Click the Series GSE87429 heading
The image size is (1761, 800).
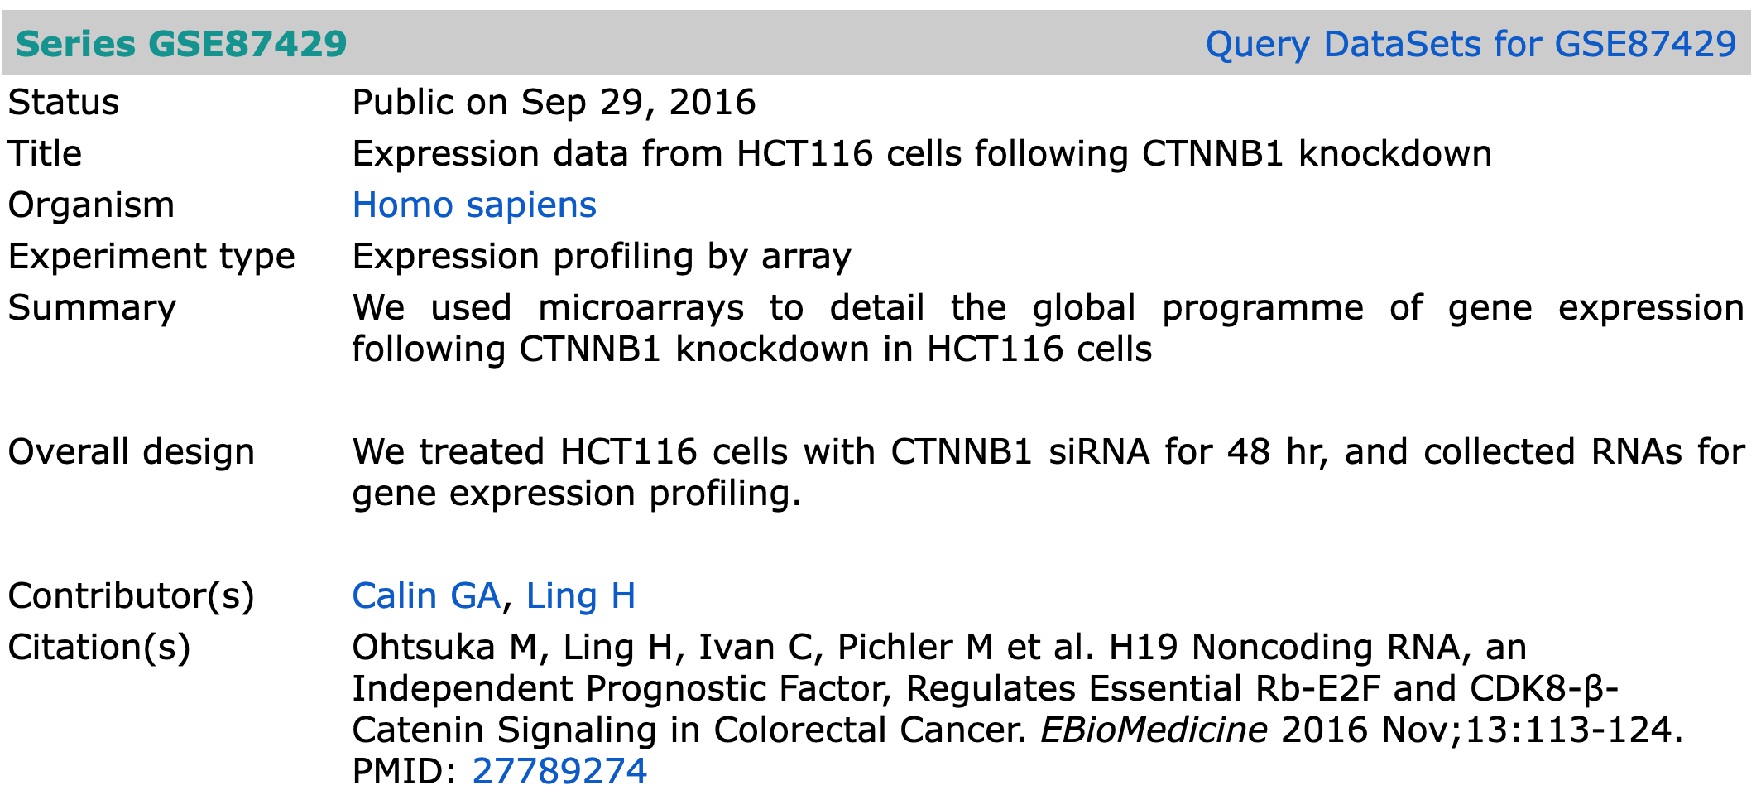coord(181,43)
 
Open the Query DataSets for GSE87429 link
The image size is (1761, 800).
coord(1471,43)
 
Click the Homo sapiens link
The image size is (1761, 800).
coord(474,205)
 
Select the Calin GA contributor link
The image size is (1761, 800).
coord(426,595)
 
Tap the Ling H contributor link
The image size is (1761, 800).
coord(581,595)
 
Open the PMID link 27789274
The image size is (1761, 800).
coord(559,771)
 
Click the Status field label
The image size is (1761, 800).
coord(64,102)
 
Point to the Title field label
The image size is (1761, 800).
coord(45,153)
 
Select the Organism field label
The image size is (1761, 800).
coord(91,205)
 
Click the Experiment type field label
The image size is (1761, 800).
coord(151,257)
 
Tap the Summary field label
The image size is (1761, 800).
coord(92,308)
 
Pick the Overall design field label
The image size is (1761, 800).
coord(132,452)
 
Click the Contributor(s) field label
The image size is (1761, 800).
coord(132,596)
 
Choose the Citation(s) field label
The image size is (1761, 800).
coord(99,648)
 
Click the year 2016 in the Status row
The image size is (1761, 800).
coord(713,102)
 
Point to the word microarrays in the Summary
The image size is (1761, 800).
coord(641,308)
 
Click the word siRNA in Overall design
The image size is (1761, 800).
coord(1100,451)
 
